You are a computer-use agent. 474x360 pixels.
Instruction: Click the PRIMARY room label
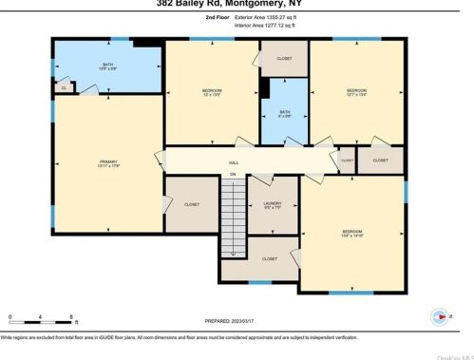pos(107,163)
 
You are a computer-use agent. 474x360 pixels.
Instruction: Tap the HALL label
pos(232,162)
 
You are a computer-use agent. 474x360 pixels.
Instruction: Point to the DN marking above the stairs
pos(232,175)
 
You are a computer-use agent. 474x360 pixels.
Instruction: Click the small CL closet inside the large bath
pos(64,87)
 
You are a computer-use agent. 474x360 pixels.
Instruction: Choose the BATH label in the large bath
pos(107,66)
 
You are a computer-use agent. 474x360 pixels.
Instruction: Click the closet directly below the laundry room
pos(270,257)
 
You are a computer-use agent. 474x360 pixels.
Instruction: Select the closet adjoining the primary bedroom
pos(191,204)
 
